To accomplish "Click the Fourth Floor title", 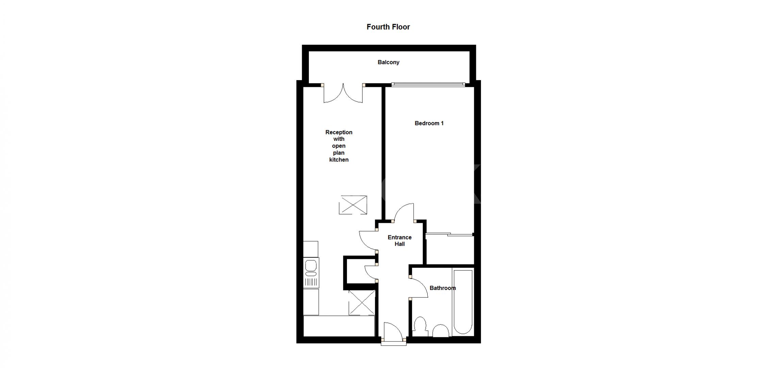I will (388, 27).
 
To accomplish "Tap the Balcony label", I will (388, 62).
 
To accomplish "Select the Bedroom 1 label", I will (429, 123).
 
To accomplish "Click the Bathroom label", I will (442, 288).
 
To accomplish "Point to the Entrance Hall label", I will (399, 241).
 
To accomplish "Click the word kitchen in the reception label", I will (339, 160).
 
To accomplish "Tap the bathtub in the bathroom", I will (463, 301).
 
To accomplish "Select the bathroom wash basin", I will (441, 331).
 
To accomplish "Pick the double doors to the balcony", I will (343, 94).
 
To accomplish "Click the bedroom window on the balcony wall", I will (428, 84).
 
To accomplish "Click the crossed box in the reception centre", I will (353, 205).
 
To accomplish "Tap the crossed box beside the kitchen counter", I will (362, 302).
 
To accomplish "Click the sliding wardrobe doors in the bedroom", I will (449, 234).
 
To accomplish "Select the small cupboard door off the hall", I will (370, 273).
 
